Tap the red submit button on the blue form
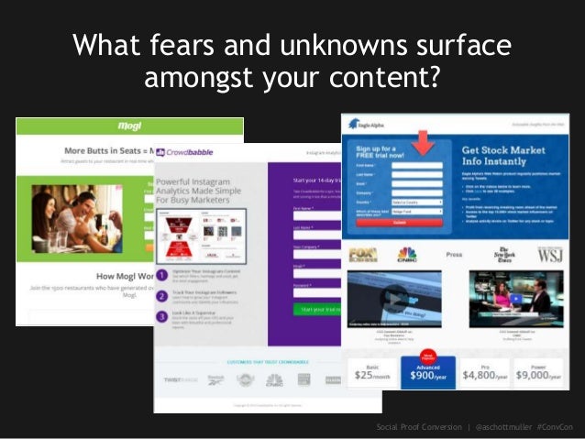398,222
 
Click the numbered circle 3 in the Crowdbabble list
161,318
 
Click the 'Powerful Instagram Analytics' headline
210,189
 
